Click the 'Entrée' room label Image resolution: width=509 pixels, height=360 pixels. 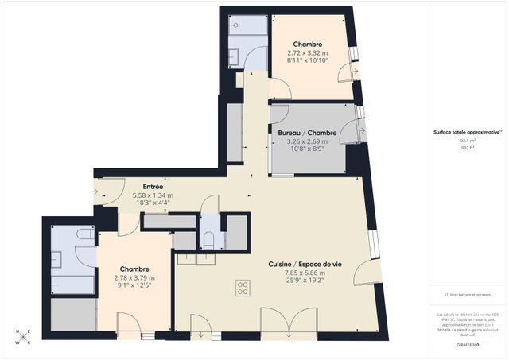(131, 187)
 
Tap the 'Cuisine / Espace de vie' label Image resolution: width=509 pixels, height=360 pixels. (305, 264)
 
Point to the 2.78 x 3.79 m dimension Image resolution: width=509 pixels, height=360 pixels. (134, 278)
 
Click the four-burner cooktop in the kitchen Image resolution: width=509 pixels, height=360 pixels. (243, 287)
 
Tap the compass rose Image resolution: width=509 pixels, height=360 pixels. (25, 336)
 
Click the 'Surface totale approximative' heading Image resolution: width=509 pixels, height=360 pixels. (466, 132)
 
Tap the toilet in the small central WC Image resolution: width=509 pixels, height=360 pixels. (208, 241)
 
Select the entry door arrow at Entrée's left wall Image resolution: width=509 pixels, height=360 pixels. (97, 191)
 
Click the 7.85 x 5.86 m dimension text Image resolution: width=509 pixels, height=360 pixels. (305, 273)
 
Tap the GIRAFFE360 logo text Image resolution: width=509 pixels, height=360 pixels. (466, 346)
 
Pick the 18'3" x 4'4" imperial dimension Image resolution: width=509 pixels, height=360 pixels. (131, 203)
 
